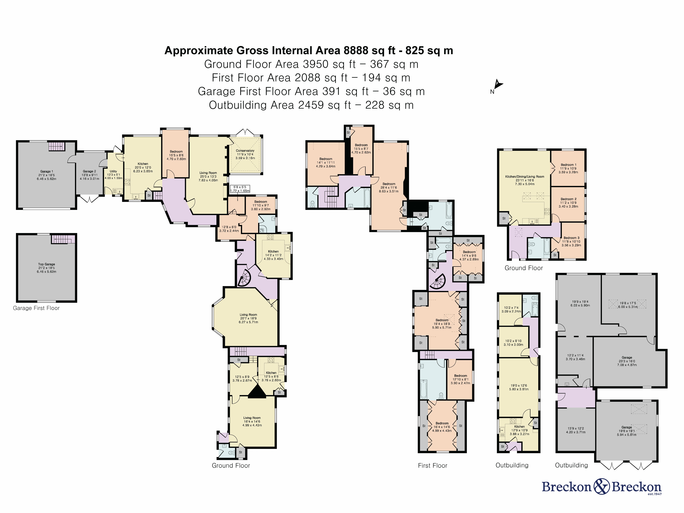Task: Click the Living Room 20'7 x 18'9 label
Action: pyautogui.click(x=248, y=318)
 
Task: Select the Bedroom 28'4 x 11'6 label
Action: pyautogui.click(x=389, y=187)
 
